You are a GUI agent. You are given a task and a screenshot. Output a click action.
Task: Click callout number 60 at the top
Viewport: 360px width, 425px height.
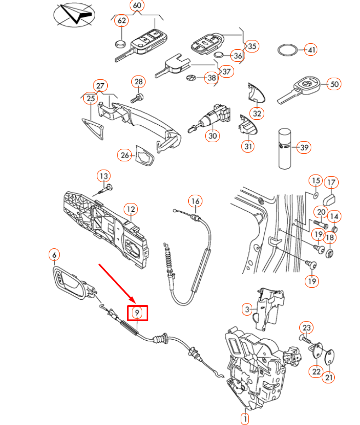point(137,6)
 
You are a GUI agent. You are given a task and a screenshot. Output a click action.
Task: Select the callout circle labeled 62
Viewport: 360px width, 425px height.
point(121,21)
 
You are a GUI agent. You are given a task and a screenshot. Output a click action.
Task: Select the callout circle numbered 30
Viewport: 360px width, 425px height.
point(213,135)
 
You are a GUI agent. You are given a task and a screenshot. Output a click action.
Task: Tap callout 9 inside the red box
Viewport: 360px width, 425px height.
point(138,312)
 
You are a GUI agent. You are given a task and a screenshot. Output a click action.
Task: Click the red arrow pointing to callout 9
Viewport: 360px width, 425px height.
point(116,282)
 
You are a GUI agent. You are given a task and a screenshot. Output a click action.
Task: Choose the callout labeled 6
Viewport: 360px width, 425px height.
point(54,254)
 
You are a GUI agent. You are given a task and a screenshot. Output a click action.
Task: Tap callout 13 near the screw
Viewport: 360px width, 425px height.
point(103,176)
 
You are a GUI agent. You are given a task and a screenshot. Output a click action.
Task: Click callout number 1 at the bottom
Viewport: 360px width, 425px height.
point(244,418)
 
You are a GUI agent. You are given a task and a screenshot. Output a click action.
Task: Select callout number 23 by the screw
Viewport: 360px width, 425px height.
point(306,328)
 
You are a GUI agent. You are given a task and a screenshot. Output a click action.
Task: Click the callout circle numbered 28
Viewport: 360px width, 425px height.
point(138,82)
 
